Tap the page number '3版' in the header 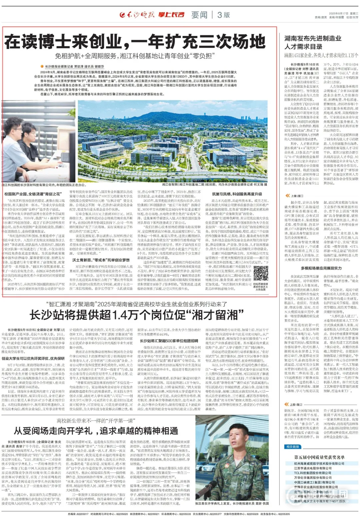(224, 15)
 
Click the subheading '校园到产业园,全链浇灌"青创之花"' (33, 194)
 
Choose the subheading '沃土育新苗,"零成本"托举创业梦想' (101, 260)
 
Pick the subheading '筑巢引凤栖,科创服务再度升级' (237, 194)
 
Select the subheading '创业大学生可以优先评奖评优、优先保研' (33, 359)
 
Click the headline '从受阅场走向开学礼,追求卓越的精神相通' (96, 430)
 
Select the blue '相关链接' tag (292, 447)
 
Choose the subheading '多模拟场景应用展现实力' (321, 268)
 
